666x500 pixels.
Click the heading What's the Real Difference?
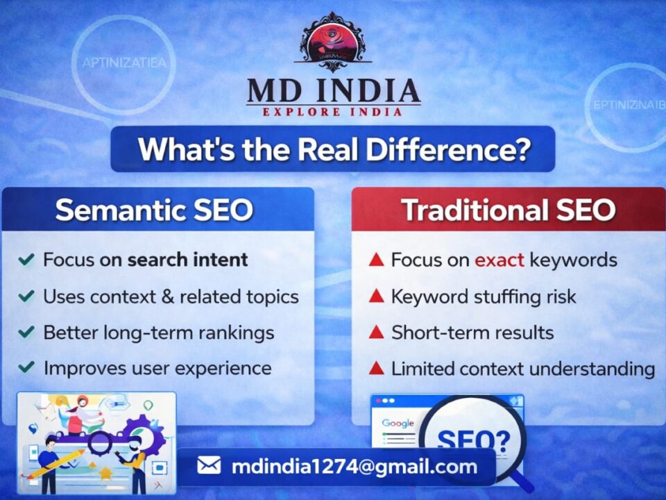[333, 149]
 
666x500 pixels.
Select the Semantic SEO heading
[154, 210]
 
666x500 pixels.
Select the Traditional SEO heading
[509, 210]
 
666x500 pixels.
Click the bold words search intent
[187, 260]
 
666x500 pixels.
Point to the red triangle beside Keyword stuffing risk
[376, 297]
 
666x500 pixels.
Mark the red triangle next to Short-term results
[376, 332]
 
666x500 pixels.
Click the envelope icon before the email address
[209, 465]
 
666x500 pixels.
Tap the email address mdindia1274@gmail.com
[354, 466]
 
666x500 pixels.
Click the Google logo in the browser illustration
[398, 423]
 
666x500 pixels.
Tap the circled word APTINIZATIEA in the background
[124, 63]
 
